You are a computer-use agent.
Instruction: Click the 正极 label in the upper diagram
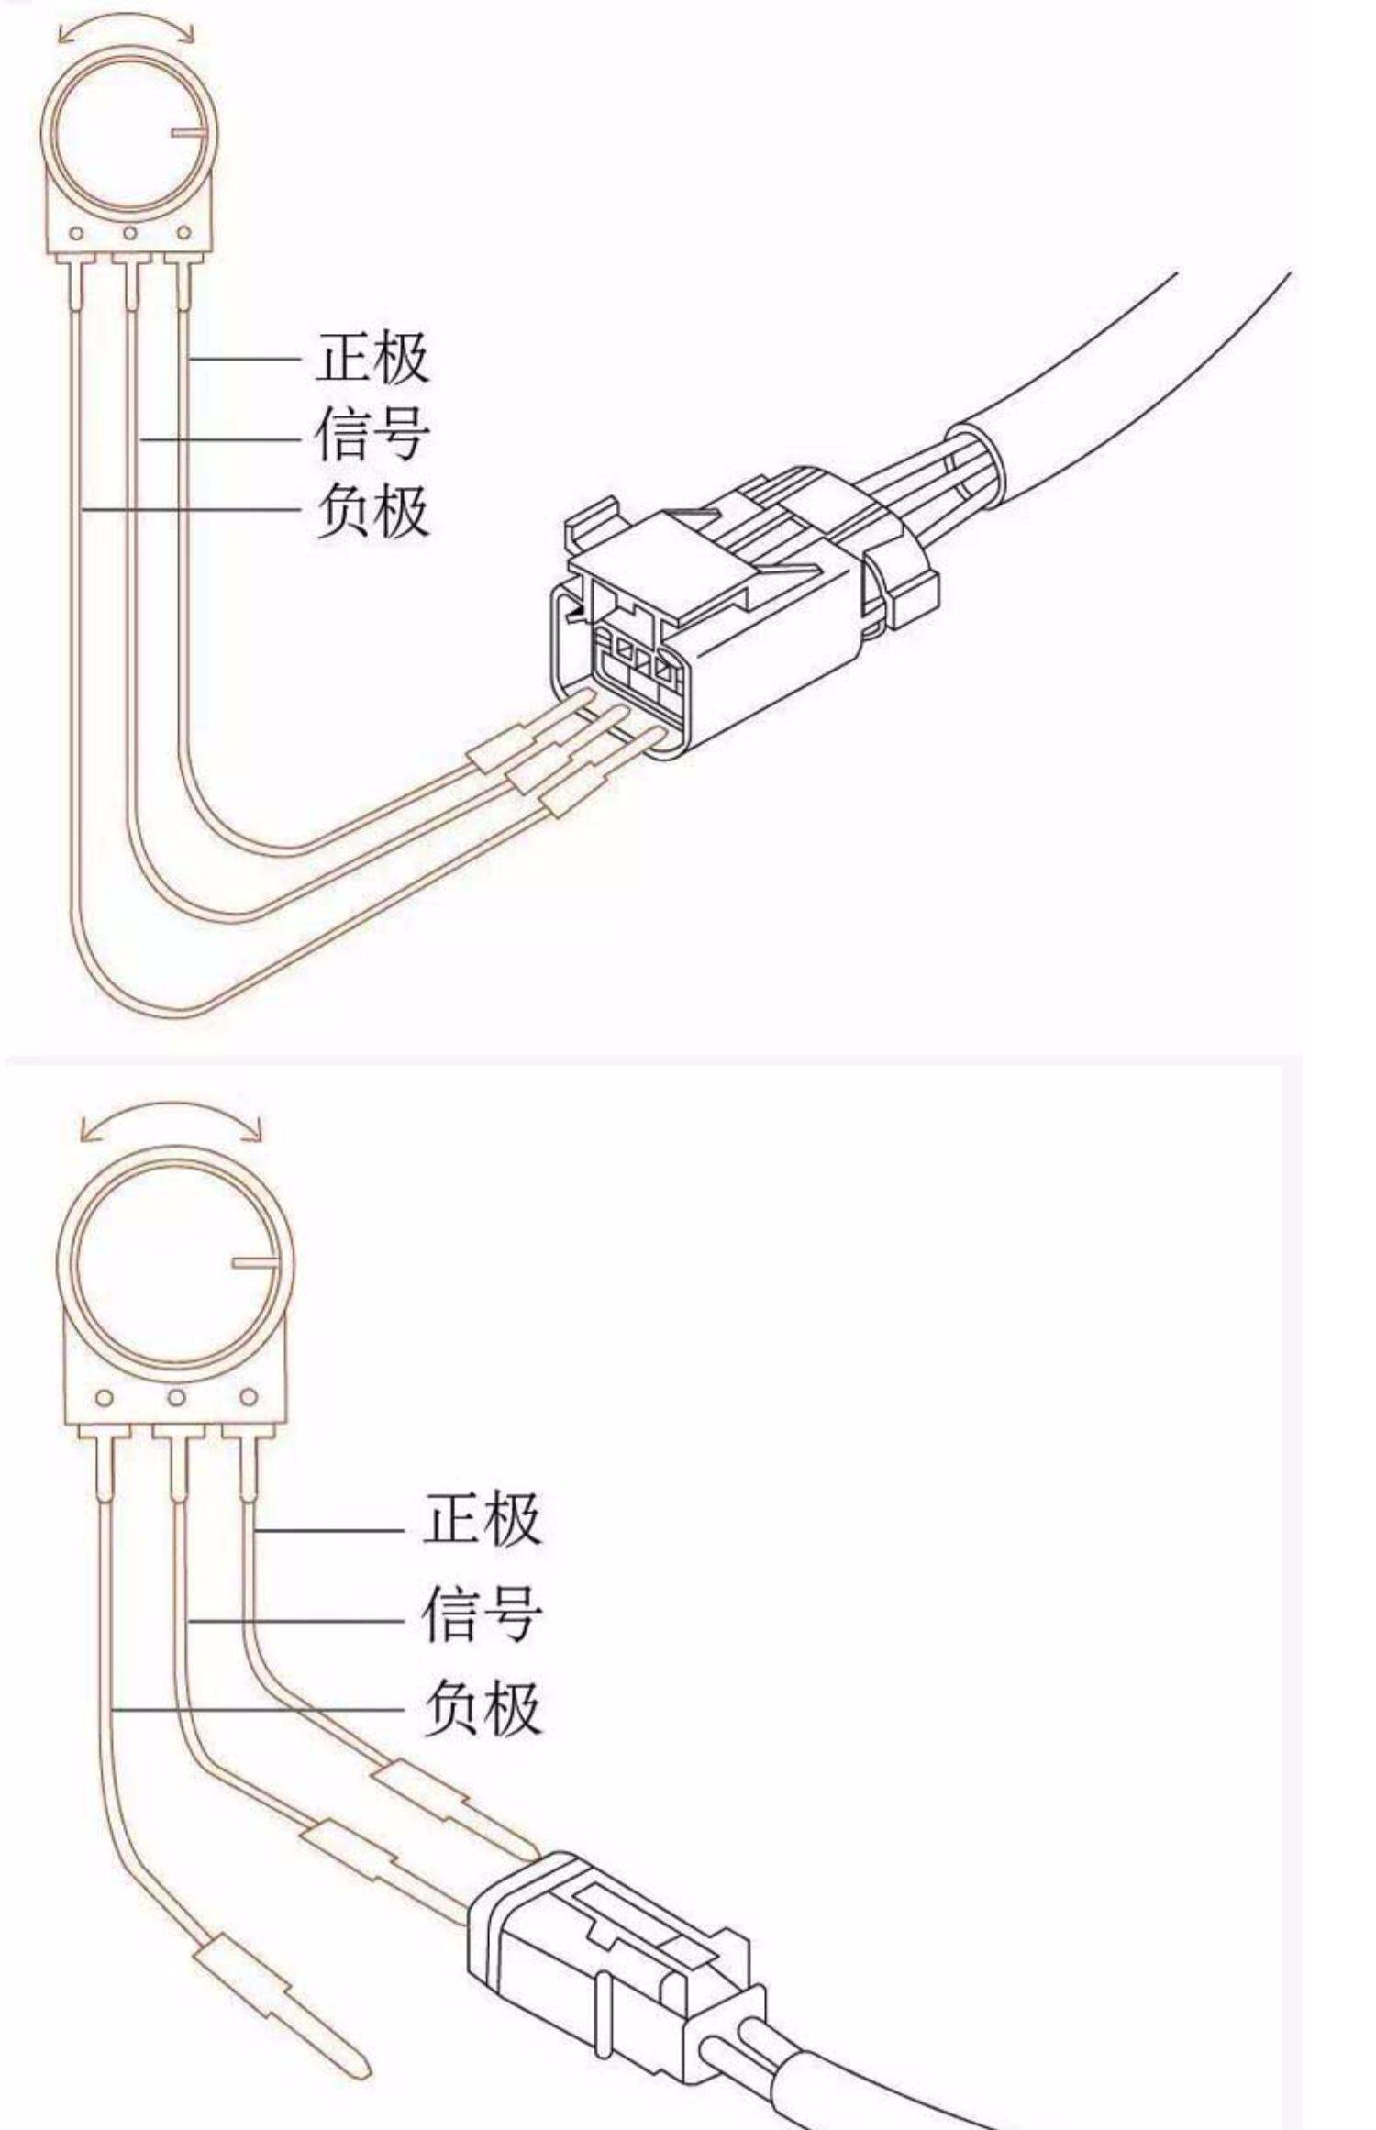(x=372, y=357)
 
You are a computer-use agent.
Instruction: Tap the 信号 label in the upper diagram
(x=372, y=433)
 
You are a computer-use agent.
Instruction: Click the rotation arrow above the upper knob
(x=126, y=24)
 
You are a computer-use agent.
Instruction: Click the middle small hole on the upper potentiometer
(x=130, y=234)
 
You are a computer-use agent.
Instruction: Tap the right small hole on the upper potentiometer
(x=183, y=234)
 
